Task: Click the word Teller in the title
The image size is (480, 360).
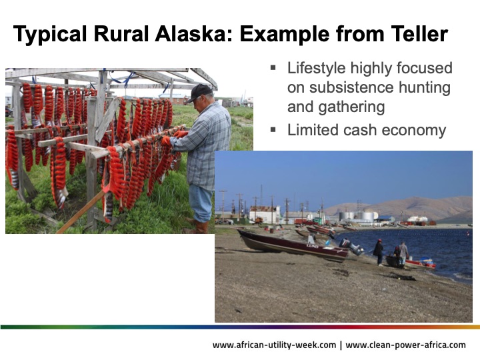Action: coord(417,35)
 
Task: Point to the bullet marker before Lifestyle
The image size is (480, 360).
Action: coord(273,67)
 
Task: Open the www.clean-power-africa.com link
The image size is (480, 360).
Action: coord(406,345)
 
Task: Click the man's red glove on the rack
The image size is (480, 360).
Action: coord(167,141)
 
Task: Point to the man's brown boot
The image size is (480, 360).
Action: coord(199,227)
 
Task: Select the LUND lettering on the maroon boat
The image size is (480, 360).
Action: coord(312,246)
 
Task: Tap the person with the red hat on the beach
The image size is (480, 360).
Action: coord(378,250)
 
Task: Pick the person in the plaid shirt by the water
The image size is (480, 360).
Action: coord(402,252)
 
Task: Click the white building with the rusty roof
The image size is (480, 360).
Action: coord(265,213)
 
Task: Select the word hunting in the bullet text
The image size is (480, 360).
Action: coord(423,87)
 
